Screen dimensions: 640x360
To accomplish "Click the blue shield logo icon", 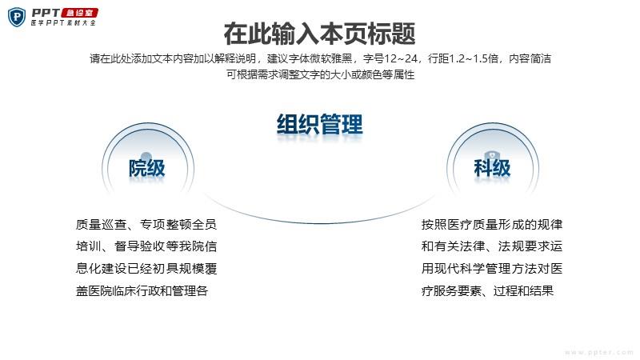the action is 17,17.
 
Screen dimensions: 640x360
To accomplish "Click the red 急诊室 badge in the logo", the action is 79,13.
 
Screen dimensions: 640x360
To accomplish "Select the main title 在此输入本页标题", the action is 319,34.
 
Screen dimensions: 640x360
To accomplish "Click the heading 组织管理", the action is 319,124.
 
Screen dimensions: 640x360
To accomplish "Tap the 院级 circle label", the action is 147,168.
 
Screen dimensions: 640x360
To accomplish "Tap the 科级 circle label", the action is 492,168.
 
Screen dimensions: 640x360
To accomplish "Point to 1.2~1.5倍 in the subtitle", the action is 474,58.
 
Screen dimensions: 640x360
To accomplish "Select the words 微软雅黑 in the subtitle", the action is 331,58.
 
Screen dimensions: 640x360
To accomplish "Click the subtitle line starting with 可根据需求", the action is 321,74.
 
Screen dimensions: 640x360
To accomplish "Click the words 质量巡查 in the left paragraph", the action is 102,225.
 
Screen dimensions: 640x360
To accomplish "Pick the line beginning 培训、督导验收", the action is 146,246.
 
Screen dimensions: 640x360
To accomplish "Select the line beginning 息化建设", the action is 146,269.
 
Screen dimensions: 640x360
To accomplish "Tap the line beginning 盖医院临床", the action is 142,290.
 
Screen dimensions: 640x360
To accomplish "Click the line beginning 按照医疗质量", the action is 492,225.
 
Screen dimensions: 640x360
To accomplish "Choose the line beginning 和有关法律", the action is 492,246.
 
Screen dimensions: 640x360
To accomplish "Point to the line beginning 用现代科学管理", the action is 492,269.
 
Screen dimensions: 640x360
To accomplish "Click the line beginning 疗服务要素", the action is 487,290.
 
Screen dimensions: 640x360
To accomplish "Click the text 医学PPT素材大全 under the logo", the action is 63,23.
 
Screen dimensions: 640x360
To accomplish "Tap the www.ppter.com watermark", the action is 598,352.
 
